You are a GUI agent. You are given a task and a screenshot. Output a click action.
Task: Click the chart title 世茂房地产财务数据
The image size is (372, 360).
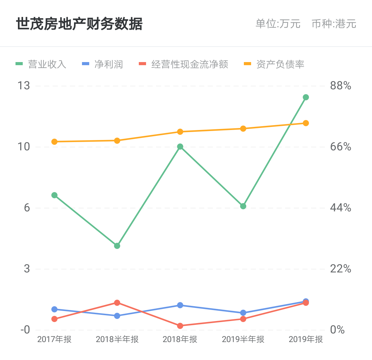coord(79,24)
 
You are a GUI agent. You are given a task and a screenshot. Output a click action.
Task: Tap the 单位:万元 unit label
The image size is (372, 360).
coord(278,24)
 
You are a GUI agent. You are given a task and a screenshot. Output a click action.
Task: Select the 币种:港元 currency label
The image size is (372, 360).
coord(334,24)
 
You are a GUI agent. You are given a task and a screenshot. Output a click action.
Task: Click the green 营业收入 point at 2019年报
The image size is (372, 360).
coord(306,97)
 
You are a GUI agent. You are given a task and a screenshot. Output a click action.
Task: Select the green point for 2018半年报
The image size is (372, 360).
coord(117,246)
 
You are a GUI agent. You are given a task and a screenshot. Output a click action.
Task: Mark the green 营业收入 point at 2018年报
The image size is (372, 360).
coord(180,147)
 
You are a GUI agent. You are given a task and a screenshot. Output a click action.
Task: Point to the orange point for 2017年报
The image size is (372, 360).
coord(54,142)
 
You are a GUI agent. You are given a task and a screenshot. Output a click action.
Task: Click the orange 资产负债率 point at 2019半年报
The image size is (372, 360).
coord(243,129)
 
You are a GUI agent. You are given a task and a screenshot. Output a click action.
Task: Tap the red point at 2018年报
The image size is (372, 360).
coord(180,326)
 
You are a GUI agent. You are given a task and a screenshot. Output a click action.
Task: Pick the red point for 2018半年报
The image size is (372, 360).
coord(117,303)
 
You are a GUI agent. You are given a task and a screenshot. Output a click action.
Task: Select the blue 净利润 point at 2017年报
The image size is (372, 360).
coord(54,309)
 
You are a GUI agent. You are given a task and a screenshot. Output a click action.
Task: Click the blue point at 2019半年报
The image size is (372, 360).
coord(243,313)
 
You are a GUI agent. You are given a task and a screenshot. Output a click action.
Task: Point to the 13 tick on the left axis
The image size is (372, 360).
coord(24,86)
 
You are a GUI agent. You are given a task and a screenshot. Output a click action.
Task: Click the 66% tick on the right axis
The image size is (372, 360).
coord(341,147)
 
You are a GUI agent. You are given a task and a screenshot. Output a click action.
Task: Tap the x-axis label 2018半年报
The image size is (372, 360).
coord(117,339)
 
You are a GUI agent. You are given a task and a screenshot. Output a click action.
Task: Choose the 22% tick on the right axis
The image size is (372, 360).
coord(341,269)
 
